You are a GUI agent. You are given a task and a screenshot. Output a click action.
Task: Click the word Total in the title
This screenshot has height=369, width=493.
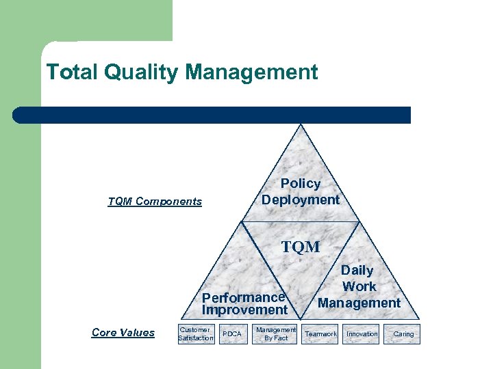pyautogui.click(x=66, y=72)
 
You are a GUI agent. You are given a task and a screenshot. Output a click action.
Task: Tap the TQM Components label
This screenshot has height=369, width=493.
pyautogui.click(x=155, y=201)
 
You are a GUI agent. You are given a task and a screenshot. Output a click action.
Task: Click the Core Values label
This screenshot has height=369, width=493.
pyautogui.click(x=123, y=333)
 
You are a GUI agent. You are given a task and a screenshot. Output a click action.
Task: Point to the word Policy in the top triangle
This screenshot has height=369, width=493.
pyautogui.click(x=300, y=183)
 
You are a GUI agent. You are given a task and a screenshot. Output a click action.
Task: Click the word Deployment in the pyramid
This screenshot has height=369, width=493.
pyautogui.click(x=300, y=200)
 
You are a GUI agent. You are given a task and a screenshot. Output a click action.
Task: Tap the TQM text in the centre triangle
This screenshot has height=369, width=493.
pyautogui.click(x=301, y=246)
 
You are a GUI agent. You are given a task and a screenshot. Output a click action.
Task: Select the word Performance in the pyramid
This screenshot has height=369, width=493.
pyautogui.click(x=243, y=297)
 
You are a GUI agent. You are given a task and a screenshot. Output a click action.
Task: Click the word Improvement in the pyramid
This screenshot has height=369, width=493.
pyautogui.click(x=244, y=310)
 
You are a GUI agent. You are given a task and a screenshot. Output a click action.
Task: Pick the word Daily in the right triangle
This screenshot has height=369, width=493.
pyautogui.click(x=357, y=271)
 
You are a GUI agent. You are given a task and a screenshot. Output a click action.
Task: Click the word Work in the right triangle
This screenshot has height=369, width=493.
pyautogui.click(x=359, y=286)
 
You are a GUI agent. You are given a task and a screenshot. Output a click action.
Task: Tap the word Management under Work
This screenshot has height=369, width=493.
pyautogui.click(x=359, y=303)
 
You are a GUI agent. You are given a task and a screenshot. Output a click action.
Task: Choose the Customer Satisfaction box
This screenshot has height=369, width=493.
pyautogui.click(x=196, y=333)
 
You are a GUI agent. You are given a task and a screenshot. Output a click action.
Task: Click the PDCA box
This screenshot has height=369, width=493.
pyautogui.click(x=232, y=333)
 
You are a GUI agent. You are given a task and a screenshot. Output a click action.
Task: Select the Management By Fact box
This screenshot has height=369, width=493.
pyautogui.click(x=276, y=333)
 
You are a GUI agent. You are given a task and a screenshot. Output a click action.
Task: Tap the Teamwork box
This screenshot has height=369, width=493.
pyautogui.click(x=320, y=333)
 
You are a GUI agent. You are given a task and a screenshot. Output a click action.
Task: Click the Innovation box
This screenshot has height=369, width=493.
pyautogui.click(x=362, y=333)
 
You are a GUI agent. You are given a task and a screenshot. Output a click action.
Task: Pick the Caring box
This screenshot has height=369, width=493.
pyautogui.click(x=403, y=333)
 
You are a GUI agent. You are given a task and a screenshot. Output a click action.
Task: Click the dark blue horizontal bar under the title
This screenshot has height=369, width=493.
pyautogui.click(x=212, y=115)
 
